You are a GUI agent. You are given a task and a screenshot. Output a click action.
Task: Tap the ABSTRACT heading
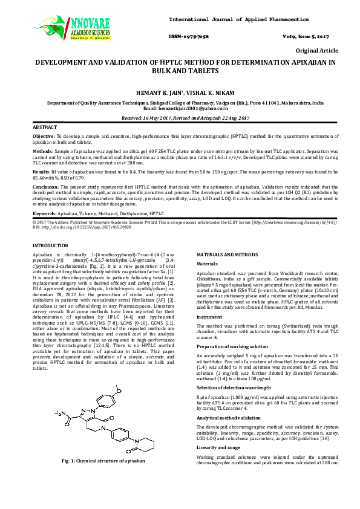44,128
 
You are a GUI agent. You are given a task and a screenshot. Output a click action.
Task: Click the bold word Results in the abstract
41,172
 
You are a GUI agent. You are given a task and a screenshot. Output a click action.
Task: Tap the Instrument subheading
210,316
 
